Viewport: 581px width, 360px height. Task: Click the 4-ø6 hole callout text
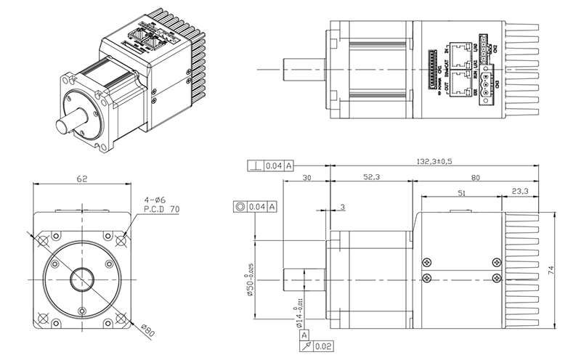(154, 197)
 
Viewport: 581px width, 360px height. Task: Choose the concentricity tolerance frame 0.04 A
(256, 207)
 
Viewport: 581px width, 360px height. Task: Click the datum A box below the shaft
(304, 336)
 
